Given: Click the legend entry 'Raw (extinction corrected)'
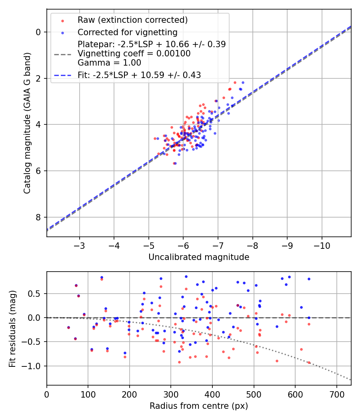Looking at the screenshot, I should pyautogui.click(x=132, y=20).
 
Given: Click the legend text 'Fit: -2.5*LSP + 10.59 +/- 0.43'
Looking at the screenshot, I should pyautogui.click(x=139, y=75).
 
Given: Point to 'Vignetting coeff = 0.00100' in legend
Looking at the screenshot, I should pyautogui.click(x=134, y=54).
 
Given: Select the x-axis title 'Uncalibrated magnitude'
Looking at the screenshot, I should pyautogui.click(x=199, y=257).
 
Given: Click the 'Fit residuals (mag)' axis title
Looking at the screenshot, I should pyautogui.click(x=12, y=328).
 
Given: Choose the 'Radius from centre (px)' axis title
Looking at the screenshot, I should pyautogui.click(x=199, y=406).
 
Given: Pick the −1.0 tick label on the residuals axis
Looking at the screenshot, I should pyautogui.click(x=34, y=366).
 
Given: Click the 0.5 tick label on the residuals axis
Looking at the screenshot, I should pyautogui.click(x=36, y=294).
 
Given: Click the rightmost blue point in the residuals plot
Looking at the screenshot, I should pyautogui.click(x=309, y=279).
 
